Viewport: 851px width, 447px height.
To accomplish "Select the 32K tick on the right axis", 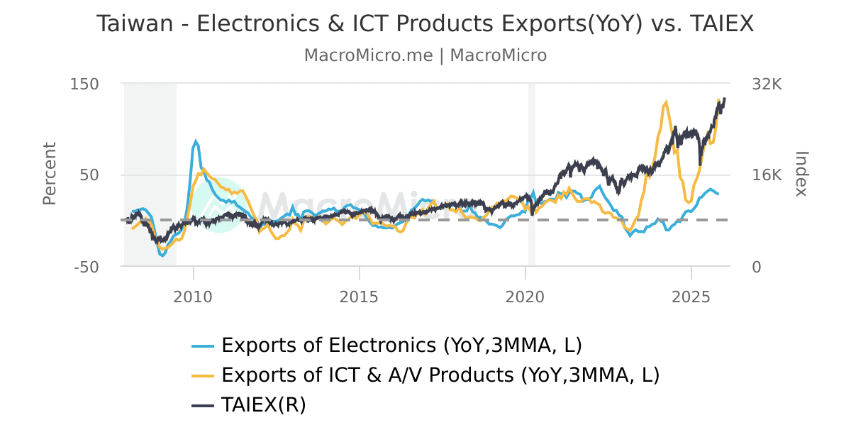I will [x=767, y=84].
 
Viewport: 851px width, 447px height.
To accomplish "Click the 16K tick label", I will [x=767, y=175].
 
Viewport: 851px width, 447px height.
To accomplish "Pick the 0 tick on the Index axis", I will [x=757, y=267].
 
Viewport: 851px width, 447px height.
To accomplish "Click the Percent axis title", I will [x=49, y=174].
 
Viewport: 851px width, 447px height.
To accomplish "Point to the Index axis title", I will [x=801, y=174].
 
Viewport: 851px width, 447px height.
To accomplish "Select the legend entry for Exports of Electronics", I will [x=401, y=346].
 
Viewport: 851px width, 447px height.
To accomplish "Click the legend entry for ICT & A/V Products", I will [x=440, y=375].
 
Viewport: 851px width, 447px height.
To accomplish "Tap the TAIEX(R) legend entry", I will [x=263, y=404].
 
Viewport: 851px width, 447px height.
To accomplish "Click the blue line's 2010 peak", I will [x=196, y=141].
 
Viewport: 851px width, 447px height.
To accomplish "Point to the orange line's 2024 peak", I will [x=666, y=101].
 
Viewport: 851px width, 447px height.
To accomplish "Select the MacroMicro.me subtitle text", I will [x=368, y=55].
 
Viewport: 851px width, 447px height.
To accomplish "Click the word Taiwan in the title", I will [x=135, y=24].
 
